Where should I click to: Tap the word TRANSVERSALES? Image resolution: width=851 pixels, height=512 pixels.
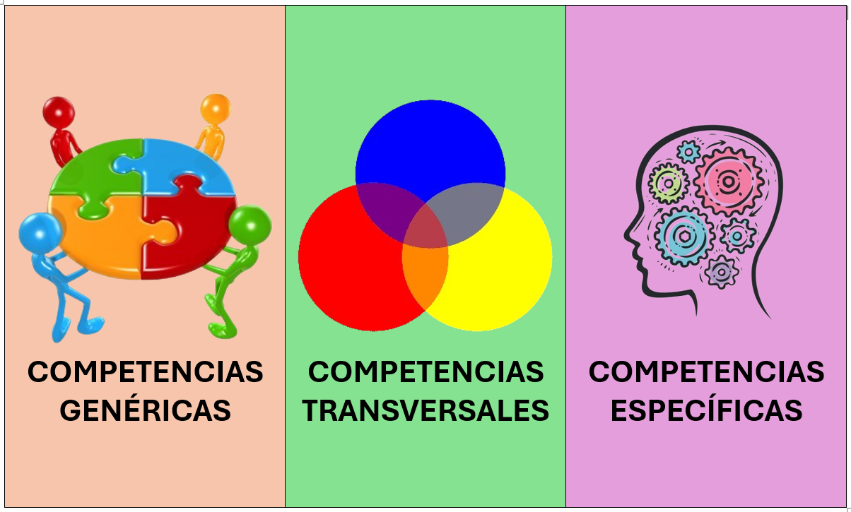(x=426, y=410)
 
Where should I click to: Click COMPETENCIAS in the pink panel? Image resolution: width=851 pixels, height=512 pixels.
(x=706, y=371)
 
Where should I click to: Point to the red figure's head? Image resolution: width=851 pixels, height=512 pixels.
(x=59, y=113)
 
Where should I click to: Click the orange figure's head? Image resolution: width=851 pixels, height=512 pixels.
(x=216, y=109)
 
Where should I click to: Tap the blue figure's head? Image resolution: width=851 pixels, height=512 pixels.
(x=40, y=233)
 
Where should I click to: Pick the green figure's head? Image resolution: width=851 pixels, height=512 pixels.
(x=250, y=226)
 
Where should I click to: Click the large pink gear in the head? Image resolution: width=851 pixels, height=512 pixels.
(x=728, y=181)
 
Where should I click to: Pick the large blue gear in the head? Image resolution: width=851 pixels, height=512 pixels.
(x=684, y=237)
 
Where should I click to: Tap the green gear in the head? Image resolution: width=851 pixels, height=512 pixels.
(x=668, y=184)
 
